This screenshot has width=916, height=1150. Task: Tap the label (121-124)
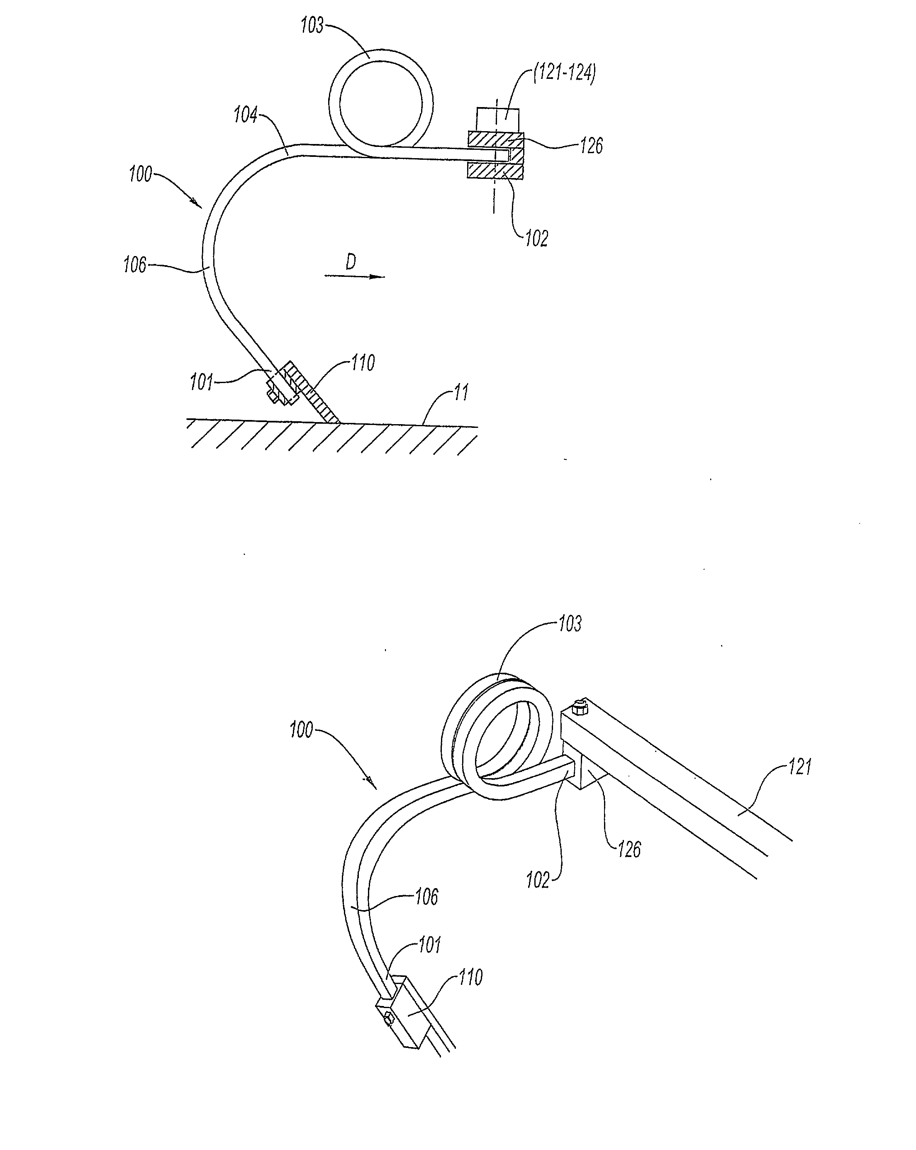click(565, 73)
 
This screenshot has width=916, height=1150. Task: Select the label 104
click(246, 115)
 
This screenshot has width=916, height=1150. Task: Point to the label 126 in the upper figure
click(591, 145)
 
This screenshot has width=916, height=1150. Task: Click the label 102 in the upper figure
click(536, 239)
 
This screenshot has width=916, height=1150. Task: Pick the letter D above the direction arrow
click(350, 262)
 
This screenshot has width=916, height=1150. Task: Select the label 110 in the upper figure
click(363, 363)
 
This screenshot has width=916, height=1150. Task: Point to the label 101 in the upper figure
click(202, 383)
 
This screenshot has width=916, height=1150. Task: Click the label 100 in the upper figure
click(141, 174)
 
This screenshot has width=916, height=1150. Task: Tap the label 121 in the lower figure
click(800, 767)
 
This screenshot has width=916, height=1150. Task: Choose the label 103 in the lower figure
click(570, 623)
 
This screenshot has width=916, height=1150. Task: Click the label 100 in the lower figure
click(301, 730)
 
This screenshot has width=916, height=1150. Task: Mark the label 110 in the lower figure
click(470, 977)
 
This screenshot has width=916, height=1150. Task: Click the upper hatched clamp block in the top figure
click(496, 140)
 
